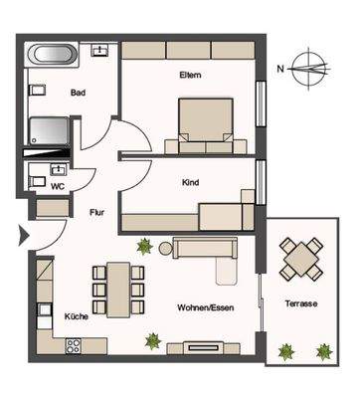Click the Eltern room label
(191, 75)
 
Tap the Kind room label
(191, 182)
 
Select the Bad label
(78, 94)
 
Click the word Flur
(96, 212)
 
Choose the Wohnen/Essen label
(199, 307)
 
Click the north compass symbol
(315, 68)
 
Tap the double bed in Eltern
(205, 124)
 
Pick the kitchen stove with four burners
(72, 346)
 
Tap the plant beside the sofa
(145, 245)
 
